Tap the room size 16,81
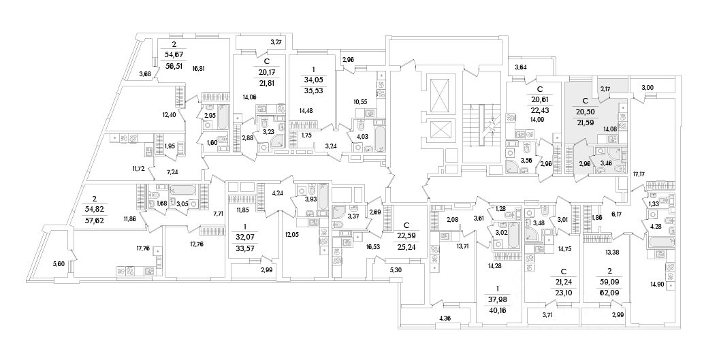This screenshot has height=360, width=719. point(199,68)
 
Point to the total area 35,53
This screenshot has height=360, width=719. point(315,89)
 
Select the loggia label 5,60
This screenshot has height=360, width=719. point(59,264)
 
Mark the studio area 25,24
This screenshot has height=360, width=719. point(406,248)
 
